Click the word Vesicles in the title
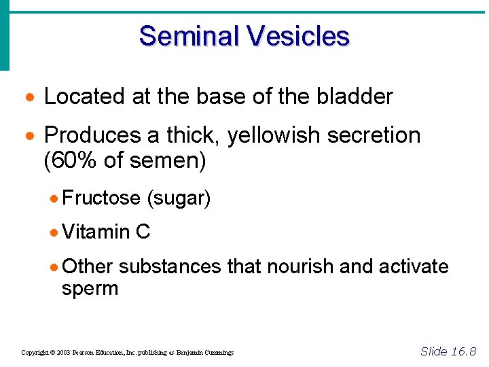point(298,36)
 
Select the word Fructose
point(101,198)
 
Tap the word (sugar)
point(179,198)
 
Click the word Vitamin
point(96,232)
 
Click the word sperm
point(90,288)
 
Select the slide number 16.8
point(462,351)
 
